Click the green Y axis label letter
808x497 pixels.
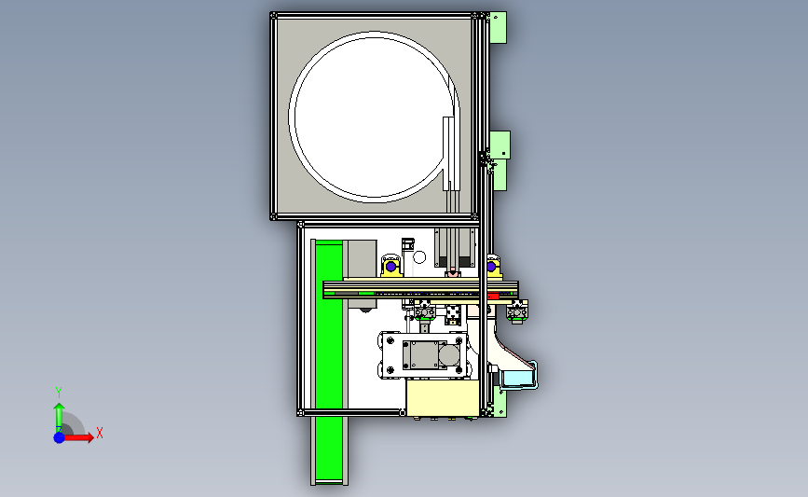[59, 393]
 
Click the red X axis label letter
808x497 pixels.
[100, 433]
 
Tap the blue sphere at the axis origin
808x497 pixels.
[60, 437]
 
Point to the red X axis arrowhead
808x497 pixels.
[90, 437]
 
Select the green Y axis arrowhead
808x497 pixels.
[60, 407]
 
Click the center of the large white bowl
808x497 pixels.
[375, 117]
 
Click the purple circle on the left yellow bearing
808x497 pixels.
[391, 267]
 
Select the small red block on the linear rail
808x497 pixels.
[493, 296]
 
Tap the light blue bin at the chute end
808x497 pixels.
[519, 379]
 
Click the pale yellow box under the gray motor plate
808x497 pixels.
[443, 398]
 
